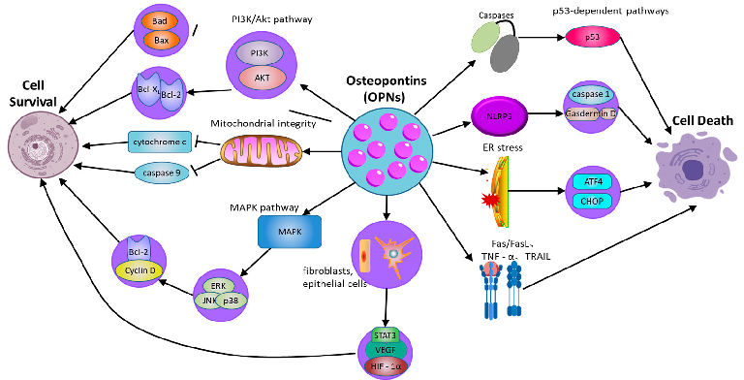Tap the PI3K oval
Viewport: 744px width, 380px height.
click(259, 52)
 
